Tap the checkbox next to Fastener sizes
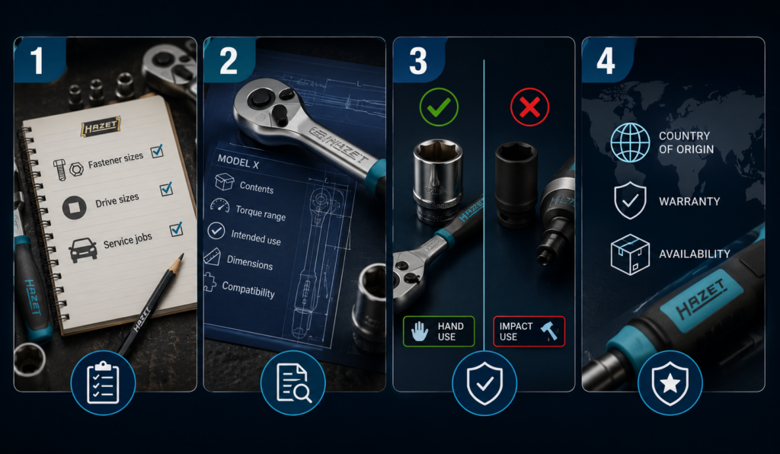[x=157, y=151]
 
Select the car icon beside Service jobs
[x=82, y=250]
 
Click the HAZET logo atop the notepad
[x=101, y=126]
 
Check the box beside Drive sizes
[x=166, y=189]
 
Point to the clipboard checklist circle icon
[x=103, y=382]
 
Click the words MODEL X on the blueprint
[x=238, y=161]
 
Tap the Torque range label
[x=261, y=213]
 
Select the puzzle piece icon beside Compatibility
[x=210, y=283]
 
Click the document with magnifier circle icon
[x=293, y=382]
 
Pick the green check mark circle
[x=439, y=107]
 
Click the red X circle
[x=530, y=107]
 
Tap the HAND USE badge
[x=439, y=331]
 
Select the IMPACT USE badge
[x=529, y=331]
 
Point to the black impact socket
[x=516, y=184]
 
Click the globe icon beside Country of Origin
[x=630, y=142]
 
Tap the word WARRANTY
[x=689, y=201]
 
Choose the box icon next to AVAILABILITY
[x=630, y=254]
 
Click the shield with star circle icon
[x=670, y=382]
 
